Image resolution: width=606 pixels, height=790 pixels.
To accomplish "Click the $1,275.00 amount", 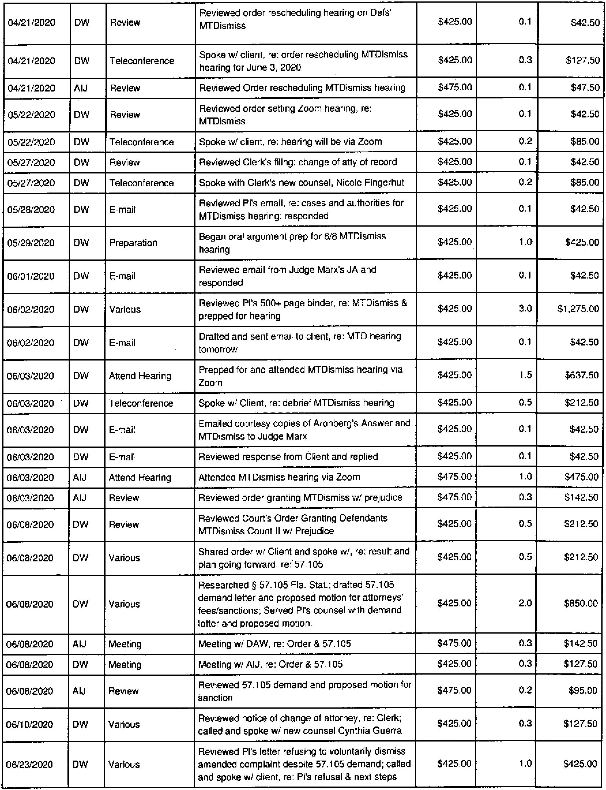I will [578, 309].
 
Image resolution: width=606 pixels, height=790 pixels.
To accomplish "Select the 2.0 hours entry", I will [525, 603].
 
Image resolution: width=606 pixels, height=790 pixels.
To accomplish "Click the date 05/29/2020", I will [31, 243].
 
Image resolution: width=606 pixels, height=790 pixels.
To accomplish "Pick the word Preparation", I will [133, 243].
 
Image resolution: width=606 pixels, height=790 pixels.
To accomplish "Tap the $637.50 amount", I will [581, 375].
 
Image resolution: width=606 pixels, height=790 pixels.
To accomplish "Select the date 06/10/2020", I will [30, 724].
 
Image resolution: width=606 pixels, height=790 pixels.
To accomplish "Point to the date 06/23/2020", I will [30, 764].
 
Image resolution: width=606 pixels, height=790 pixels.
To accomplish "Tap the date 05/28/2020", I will [31, 210].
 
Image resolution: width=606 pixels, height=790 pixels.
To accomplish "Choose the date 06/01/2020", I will [31, 276].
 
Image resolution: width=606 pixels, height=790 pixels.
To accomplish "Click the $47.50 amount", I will [585, 88].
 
